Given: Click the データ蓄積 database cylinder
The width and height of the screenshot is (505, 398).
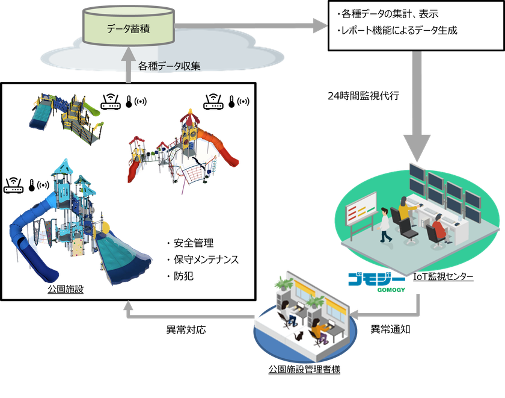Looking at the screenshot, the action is (x=129, y=26).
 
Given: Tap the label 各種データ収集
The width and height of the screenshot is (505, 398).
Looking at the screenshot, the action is (x=169, y=66).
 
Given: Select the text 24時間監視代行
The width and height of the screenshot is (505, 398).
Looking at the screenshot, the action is (x=363, y=96).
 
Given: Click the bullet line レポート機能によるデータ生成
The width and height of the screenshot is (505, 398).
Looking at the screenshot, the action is (x=397, y=31).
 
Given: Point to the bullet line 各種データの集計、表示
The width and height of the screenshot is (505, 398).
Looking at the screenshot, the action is (x=388, y=14).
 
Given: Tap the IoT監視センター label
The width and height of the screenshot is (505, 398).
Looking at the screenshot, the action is (x=443, y=277).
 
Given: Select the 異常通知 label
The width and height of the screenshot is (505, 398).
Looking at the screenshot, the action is (x=390, y=329).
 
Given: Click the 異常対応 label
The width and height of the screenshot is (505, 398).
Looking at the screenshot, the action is (x=186, y=329).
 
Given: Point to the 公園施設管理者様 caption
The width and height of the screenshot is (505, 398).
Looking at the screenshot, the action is (x=304, y=369).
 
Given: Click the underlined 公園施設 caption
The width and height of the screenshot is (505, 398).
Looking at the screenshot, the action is (x=66, y=289).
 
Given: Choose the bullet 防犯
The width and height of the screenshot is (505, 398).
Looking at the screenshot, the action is (x=180, y=276).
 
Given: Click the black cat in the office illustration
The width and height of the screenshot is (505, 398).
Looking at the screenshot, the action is (x=299, y=336).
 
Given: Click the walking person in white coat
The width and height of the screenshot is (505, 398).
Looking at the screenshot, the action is (x=385, y=225).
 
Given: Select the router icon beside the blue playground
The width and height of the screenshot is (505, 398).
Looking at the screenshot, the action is (x=13, y=185).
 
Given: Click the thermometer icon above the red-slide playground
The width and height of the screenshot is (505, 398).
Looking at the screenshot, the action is (x=231, y=102).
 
